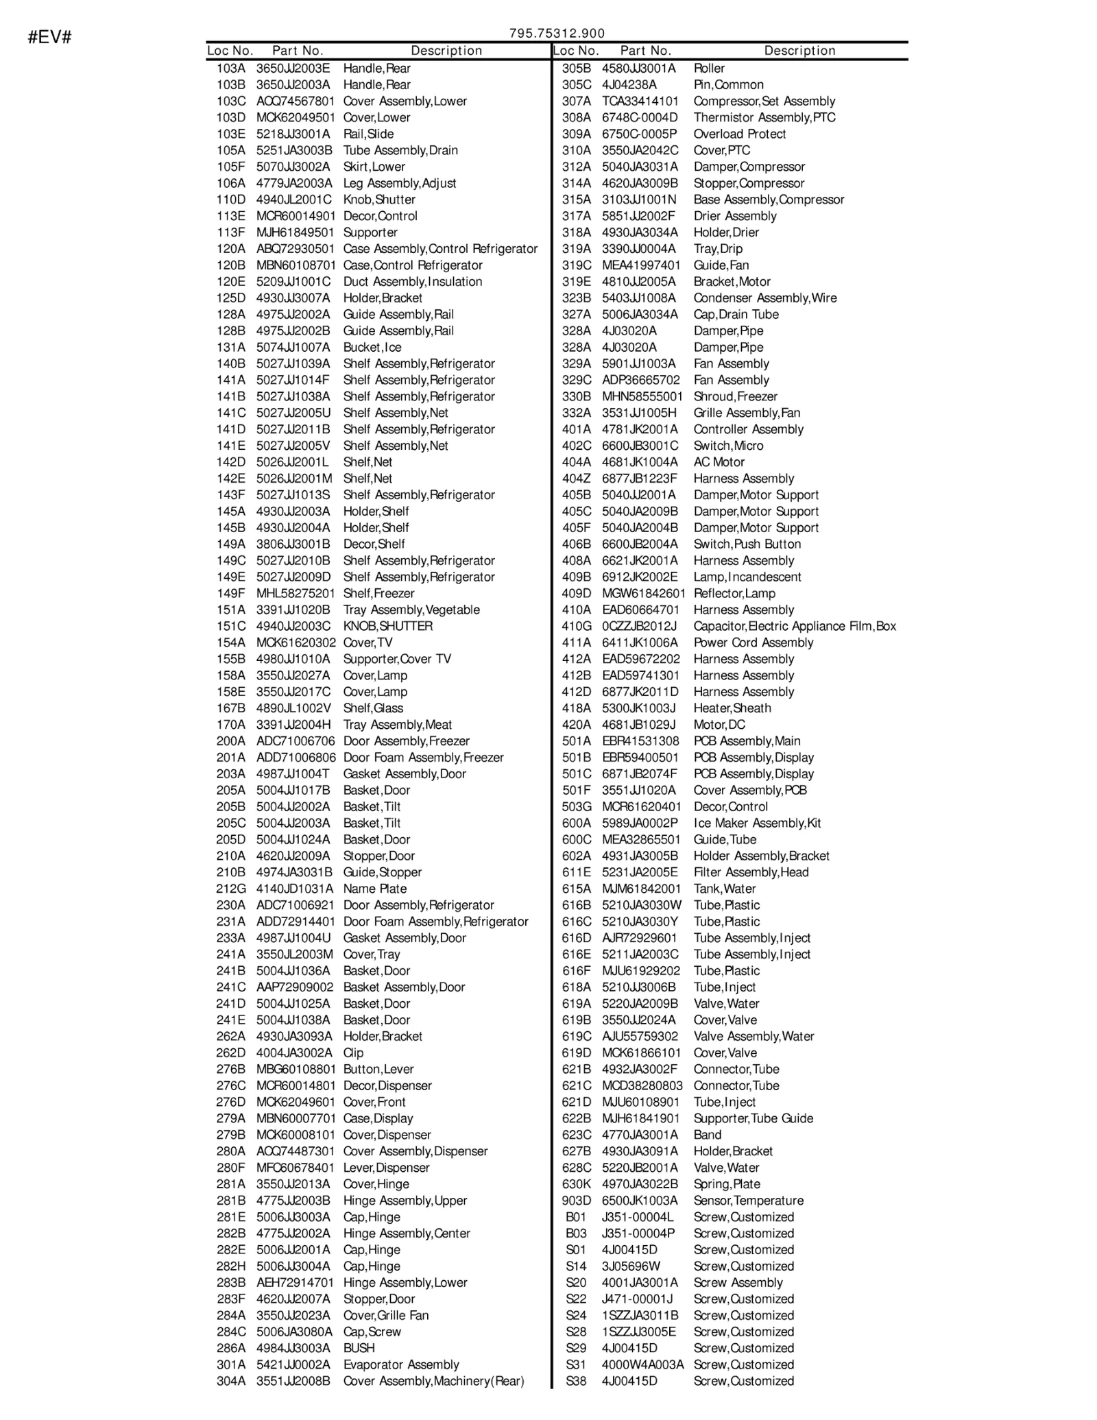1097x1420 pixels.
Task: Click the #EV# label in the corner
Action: tap(50, 37)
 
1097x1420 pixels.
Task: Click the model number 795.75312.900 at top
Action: tap(557, 34)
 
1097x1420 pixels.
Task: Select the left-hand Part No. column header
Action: tap(298, 51)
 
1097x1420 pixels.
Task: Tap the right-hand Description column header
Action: tap(799, 51)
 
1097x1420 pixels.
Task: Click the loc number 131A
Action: tap(231, 348)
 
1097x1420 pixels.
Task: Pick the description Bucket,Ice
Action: tap(372, 348)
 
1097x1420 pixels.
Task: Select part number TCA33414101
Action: tap(640, 101)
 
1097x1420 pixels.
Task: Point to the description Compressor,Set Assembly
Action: tap(764, 101)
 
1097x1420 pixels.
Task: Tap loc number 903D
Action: tap(577, 1201)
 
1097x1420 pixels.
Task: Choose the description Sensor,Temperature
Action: tap(749, 1201)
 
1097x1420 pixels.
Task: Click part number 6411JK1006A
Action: tap(640, 642)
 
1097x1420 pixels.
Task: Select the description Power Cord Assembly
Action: tap(754, 642)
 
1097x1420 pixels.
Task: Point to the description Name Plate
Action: tap(375, 889)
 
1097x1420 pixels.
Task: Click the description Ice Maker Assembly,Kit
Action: tap(757, 823)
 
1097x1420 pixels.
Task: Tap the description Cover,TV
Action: tap(368, 642)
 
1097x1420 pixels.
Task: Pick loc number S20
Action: tap(577, 1283)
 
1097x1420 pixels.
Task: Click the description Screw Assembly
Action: tap(738, 1283)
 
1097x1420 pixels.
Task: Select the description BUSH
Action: tap(359, 1349)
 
